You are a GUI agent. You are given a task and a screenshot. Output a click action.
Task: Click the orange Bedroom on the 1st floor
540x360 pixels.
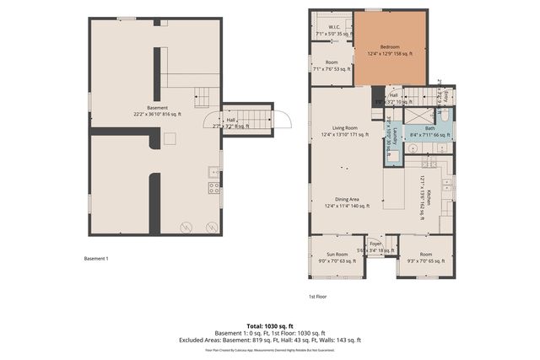tap(389, 48)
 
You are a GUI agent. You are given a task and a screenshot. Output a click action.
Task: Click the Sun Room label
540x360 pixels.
tap(337, 257)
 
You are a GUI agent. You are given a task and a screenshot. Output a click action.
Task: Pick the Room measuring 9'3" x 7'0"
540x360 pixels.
tap(426, 257)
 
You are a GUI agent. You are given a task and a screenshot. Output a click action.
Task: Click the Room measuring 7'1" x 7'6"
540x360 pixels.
tap(332, 66)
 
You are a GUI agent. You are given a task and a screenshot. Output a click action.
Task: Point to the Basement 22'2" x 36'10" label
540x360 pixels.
tap(158, 111)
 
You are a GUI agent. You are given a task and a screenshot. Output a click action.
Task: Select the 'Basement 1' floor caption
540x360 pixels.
tap(96, 258)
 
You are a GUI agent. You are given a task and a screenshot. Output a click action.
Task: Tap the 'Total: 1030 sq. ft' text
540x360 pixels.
tap(269, 325)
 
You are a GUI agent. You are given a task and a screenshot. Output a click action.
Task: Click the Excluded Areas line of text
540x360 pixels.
tap(269, 340)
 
